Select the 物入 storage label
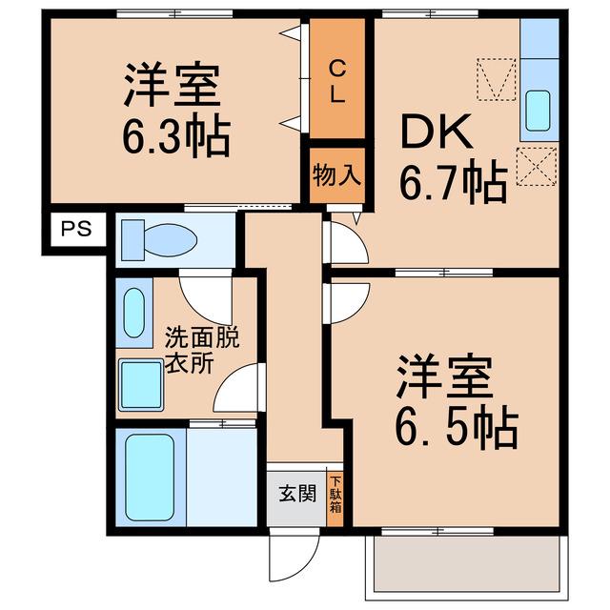click(336, 175)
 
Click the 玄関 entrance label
click(297, 494)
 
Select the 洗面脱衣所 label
click(202, 350)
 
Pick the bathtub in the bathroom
click(150, 477)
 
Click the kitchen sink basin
click(538, 111)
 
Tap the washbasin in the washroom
click(133, 313)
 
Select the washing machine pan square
click(141, 385)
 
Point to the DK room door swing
click(346, 242)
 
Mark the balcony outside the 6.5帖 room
click(466, 568)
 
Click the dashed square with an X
click(537, 167)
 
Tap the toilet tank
click(132, 240)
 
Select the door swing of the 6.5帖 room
click(346, 303)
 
